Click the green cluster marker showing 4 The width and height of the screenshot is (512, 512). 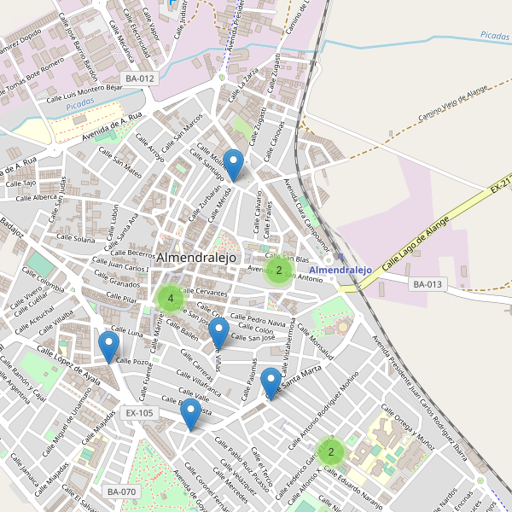(x=171, y=299)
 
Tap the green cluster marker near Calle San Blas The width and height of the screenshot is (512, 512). (x=278, y=271)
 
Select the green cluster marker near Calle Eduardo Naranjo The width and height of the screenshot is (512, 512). (x=331, y=451)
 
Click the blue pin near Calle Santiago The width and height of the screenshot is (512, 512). (x=233, y=165)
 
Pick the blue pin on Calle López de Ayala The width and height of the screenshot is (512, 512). (x=108, y=346)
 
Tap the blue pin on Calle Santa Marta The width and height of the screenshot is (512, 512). (x=271, y=383)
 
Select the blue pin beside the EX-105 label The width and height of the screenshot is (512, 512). (x=191, y=414)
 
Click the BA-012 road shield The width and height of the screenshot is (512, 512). (x=140, y=79)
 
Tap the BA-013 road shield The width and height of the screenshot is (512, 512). (x=428, y=284)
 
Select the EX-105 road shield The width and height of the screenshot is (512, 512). (x=139, y=413)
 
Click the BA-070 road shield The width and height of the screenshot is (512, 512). (x=121, y=492)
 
